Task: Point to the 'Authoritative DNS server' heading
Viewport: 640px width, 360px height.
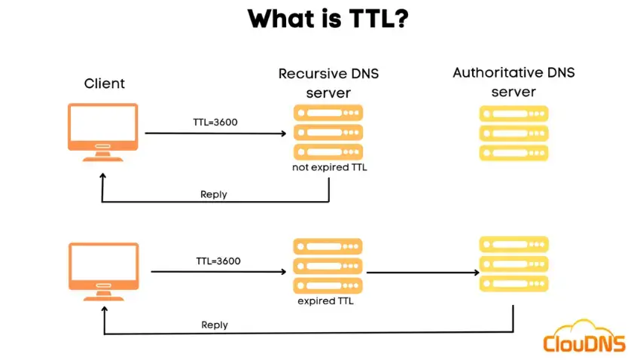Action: [513, 82]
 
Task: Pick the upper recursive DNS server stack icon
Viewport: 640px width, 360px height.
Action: [327, 133]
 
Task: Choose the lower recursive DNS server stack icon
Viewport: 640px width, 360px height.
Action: [327, 266]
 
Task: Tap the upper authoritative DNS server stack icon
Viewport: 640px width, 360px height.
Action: [514, 133]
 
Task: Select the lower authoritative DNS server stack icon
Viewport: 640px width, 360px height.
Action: [514, 264]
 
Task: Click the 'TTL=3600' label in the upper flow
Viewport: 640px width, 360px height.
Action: [215, 122]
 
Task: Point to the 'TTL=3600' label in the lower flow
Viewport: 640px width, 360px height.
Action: [218, 261]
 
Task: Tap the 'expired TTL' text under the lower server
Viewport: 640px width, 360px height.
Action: [325, 301]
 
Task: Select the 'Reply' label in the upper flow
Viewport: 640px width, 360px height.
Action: [214, 194]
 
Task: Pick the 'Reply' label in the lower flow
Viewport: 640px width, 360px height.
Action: [215, 325]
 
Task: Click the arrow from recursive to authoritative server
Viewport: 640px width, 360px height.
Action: [422, 272]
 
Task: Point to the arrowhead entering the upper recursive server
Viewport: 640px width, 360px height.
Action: [283, 133]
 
